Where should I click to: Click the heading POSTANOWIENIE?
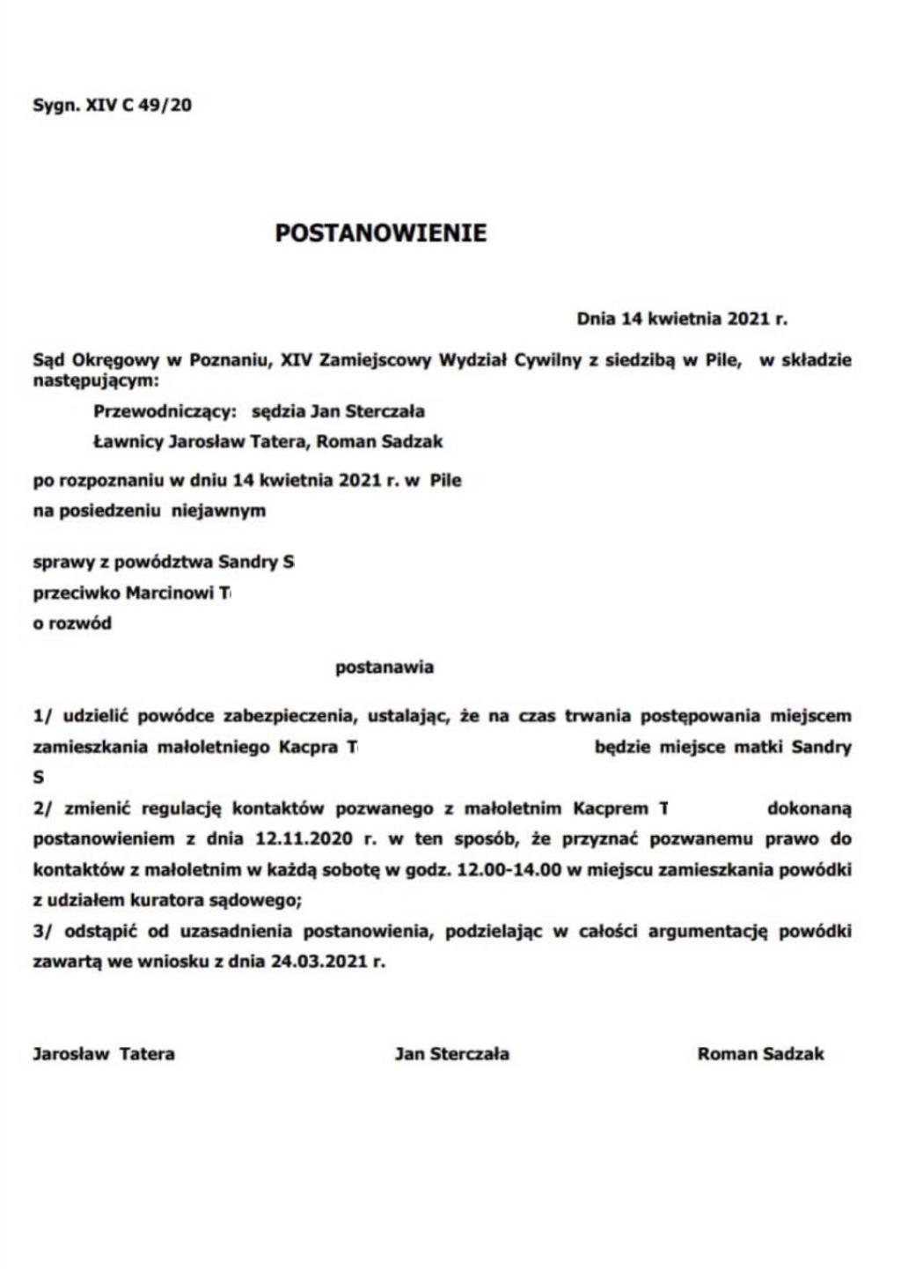[x=380, y=233]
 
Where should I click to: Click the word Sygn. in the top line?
[x=55, y=106]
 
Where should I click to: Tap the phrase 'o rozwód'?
[x=72, y=623]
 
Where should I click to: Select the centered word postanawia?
[x=385, y=668]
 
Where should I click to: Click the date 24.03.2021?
[x=317, y=962]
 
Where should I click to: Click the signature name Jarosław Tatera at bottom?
[x=104, y=1054]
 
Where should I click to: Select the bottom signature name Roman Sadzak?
[x=760, y=1054]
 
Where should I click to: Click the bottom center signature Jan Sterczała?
[x=451, y=1054]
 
